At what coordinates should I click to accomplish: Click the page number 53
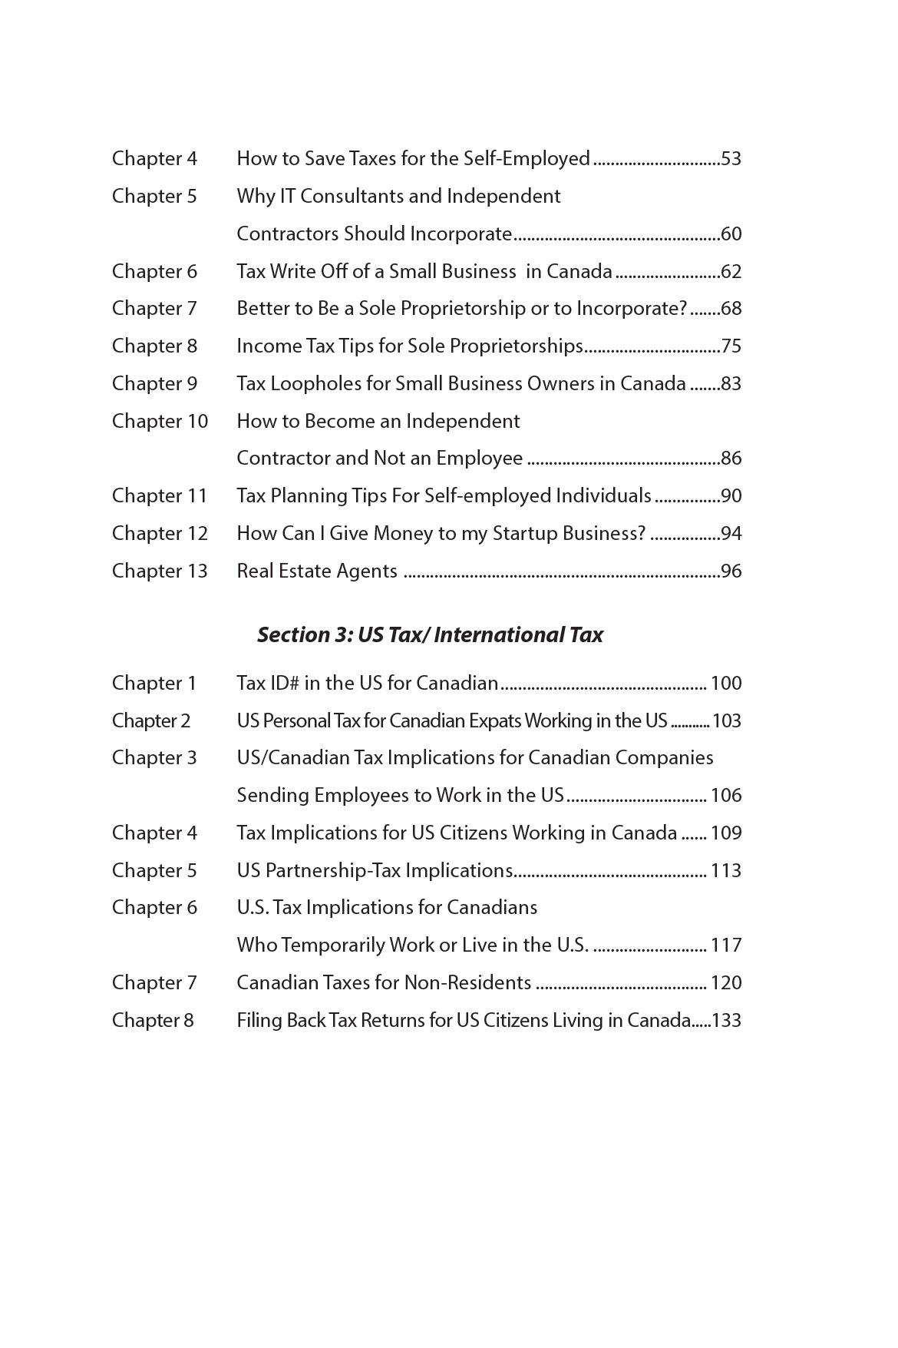(731, 159)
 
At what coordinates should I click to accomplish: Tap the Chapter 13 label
(160, 571)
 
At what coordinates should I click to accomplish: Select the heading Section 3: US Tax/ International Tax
(430, 634)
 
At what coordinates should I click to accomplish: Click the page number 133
(726, 1021)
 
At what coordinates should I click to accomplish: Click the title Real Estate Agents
(317, 571)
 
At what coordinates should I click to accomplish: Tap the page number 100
(726, 684)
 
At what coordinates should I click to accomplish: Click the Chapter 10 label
(160, 422)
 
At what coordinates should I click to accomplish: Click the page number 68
(731, 309)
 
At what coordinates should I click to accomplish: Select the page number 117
(726, 946)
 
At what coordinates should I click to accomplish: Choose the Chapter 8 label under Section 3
(153, 1021)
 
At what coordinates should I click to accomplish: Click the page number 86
(731, 459)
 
